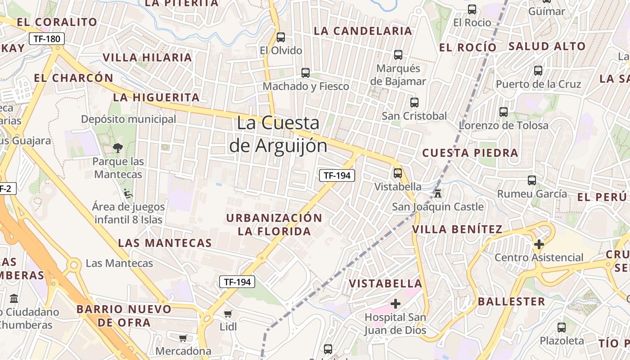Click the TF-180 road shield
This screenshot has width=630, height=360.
click(x=47, y=39)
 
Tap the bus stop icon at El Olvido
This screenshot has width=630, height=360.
click(x=281, y=37)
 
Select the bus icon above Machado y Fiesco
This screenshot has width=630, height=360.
click(x=306, y=72)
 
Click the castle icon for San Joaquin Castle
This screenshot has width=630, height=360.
click(x=437, y=193)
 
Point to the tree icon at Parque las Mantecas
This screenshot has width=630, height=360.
click(x=118, y=148)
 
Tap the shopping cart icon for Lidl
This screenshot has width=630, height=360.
click(x=228, y=314)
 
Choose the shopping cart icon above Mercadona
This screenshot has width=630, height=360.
click(x=183, y=338)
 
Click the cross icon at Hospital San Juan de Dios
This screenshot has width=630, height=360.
click(x=395, y=304)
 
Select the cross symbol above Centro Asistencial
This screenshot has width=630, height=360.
click(x=539, y=244)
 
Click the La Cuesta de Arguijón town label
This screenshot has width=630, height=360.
click(x=278, y=134)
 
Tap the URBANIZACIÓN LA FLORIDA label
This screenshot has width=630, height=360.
click(x=274, y=225)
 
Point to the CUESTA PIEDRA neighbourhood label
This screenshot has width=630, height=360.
click(x=470, y=153)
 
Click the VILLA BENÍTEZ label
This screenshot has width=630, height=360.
click(x=457, y=229)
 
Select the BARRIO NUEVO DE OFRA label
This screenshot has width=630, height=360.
click(x=124, y=316)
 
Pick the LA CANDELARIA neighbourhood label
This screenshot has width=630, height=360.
click(x=363, y=31)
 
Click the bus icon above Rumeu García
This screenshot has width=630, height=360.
click(x=532, y=180)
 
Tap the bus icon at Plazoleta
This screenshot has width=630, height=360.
click(x=562, y=327)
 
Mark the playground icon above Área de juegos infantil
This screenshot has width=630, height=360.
click(x=128, y=193)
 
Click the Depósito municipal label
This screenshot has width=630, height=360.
click(x=129, y=119)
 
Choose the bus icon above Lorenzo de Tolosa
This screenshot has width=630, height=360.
click(x=504, y=112)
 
